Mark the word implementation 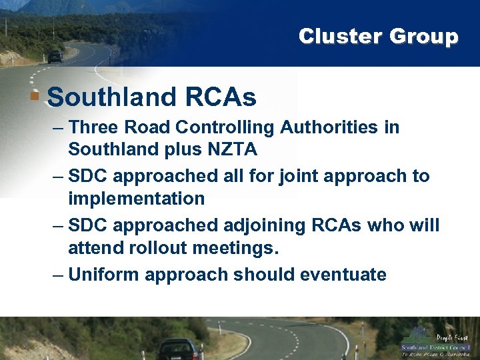pos(136,199)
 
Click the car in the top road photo pos(55,57)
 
